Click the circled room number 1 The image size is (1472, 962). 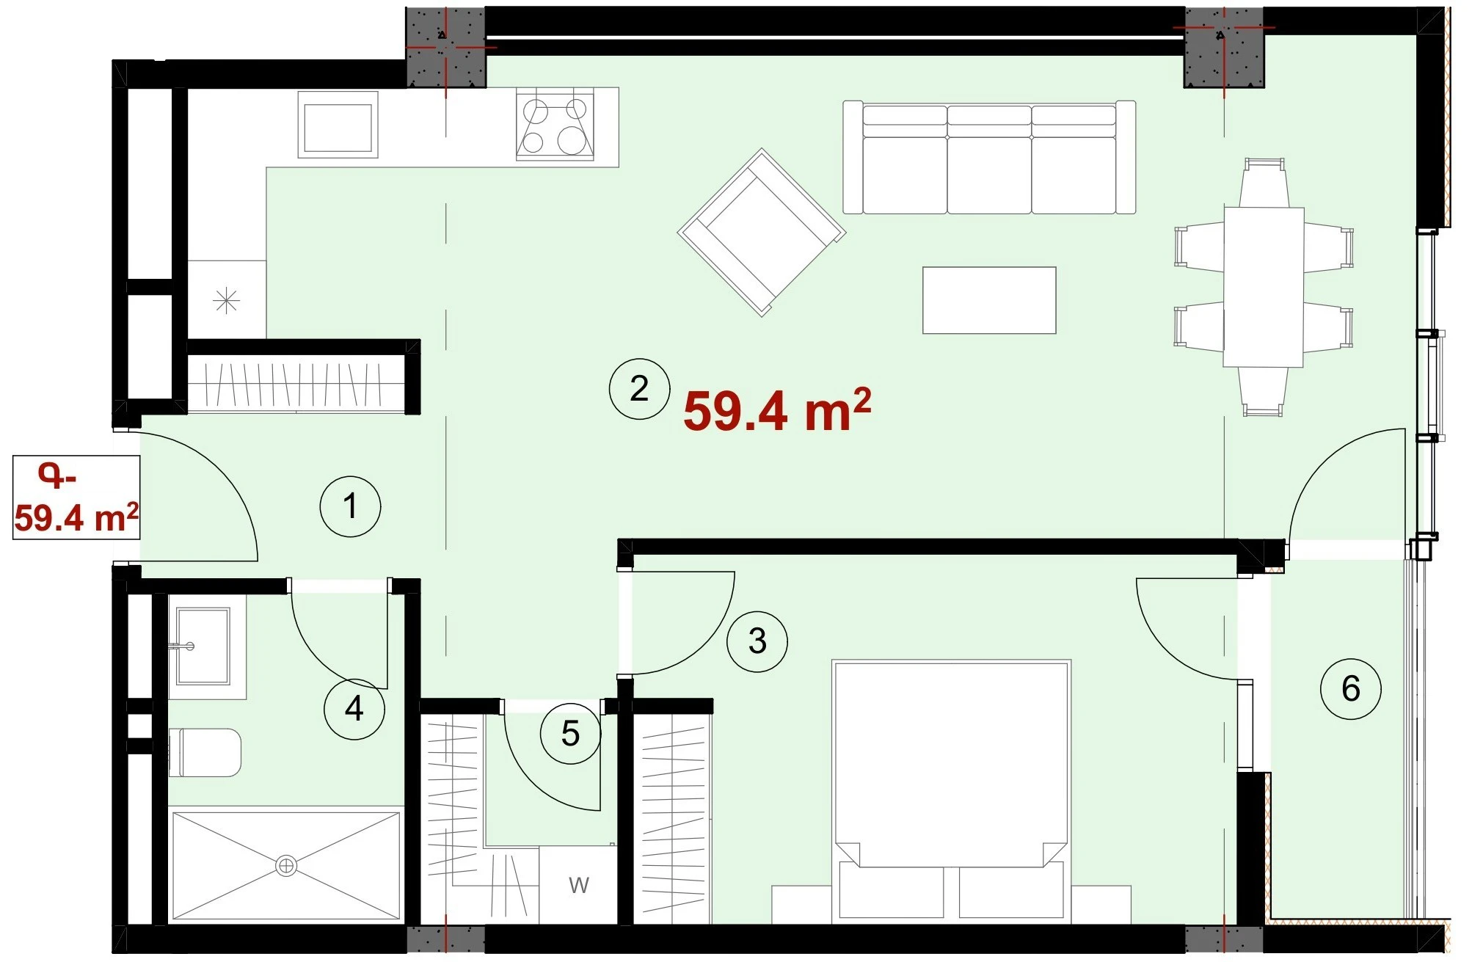click(350, 506)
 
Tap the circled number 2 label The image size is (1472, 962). click(639, 389)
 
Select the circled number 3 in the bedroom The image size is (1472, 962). click(757, 641)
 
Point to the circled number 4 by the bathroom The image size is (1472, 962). click(354, 709)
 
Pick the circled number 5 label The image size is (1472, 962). click(570, 734)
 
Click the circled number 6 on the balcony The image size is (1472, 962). click(1350, 688)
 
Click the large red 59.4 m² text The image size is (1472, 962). click(777, 409)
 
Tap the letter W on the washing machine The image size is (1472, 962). click(579, 885)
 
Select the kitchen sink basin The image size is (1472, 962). click(338, 125)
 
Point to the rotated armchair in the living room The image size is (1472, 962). click(762, 233)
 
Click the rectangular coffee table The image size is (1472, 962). click(989, 300)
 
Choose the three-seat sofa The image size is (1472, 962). click(989, 158)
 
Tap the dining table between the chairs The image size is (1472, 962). click(1264, 287)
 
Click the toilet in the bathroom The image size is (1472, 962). click(205, 753)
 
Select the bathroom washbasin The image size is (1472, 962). click(203, 646)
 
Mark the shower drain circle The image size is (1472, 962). click(286, 866)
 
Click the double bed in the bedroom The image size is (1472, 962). click(952, 791)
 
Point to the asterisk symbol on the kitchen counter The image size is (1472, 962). click(226, 300)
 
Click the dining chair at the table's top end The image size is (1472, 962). click(1264, 183)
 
